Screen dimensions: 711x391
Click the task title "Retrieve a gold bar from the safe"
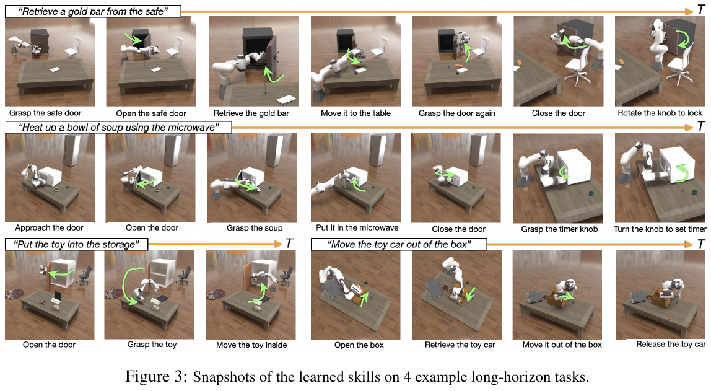coord(93,11)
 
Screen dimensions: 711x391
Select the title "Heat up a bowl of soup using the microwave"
coord(118,128)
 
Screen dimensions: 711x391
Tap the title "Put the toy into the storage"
coord(76,245)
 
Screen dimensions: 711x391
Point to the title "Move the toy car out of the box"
coord(399,245)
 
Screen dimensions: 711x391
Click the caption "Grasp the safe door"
coord(45,113)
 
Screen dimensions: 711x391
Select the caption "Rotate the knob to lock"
coord(660,113)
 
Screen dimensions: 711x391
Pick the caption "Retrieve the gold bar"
coord(251,113)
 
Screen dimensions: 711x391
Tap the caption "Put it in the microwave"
coord(357,227)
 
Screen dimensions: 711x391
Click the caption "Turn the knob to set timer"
coord(660,229)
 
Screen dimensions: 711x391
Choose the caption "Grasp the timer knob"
coord(559,229)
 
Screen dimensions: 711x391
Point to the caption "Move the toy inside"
coord(251,345)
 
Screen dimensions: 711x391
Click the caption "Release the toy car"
coord(671,345)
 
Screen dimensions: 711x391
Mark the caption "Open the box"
coord(359,345)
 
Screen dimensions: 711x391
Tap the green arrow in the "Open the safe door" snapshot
coord(134,39)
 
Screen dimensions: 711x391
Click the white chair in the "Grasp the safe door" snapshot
coord(73,47)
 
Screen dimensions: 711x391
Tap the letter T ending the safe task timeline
coord(700,11)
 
